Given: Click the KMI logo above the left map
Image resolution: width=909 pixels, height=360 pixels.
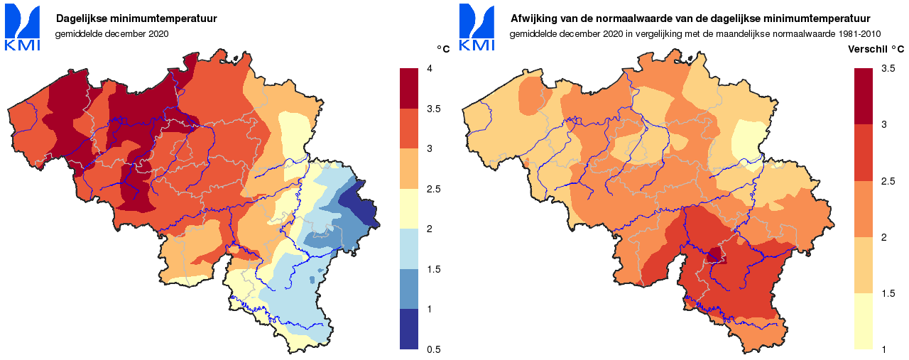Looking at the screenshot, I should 23,27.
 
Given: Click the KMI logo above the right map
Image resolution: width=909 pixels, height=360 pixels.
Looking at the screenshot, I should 477,27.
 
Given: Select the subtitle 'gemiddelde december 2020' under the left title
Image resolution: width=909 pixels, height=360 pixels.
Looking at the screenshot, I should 111,33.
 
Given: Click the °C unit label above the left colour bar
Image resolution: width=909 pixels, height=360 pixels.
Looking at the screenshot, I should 442,49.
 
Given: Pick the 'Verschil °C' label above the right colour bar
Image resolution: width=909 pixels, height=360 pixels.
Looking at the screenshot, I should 876,49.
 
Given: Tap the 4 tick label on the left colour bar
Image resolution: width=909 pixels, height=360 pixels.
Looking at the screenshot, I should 429,68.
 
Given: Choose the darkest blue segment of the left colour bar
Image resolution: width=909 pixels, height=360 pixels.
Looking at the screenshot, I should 409,329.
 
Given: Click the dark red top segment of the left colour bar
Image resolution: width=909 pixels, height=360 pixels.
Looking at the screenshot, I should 409,88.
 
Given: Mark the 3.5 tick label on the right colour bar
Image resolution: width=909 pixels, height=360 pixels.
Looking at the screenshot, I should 887,68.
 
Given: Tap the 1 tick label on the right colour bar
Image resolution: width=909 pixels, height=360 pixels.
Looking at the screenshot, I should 883,349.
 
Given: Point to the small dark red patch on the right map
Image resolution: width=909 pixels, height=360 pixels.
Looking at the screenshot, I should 716,255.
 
